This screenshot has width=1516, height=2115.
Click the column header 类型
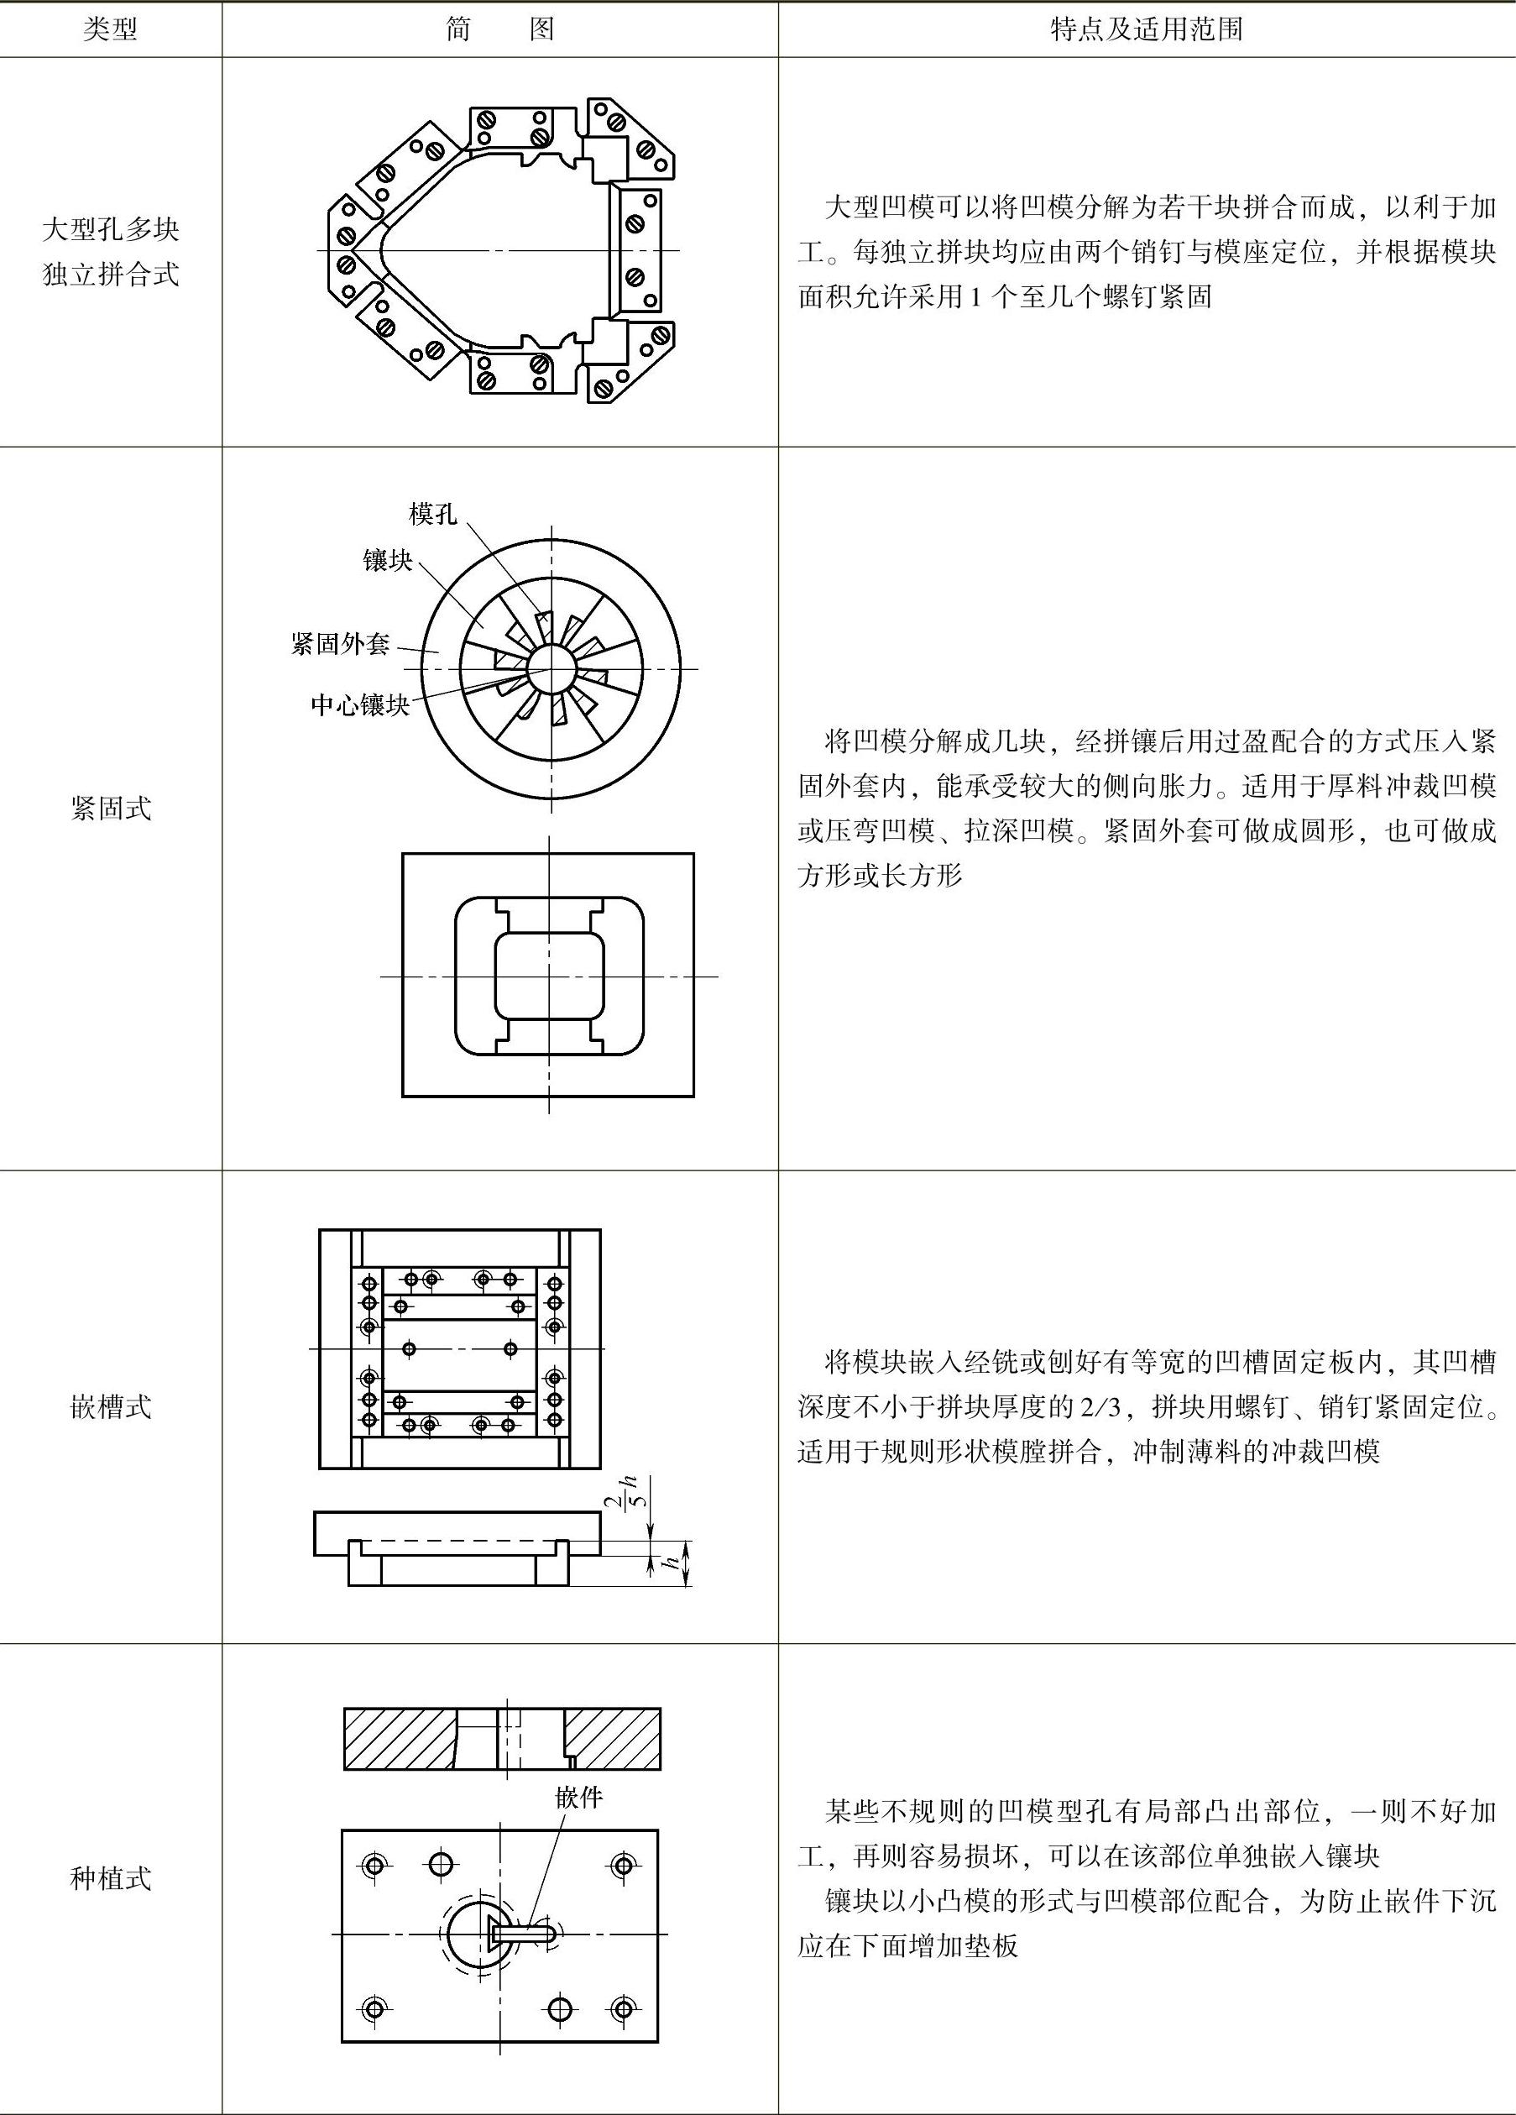tap(110, 30)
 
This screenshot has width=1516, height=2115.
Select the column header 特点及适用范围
tap(1146, 30)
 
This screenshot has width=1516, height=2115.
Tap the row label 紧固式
tap(110, 809)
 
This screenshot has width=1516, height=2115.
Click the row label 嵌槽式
tap(110, 1407)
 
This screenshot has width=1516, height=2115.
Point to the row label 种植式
tap(110, 1878)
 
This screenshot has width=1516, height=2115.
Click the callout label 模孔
tap(432, 514)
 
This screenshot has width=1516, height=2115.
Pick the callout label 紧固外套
tap(339, 643)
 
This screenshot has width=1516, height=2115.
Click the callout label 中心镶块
tap(360, 705)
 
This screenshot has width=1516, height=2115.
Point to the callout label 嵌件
tap(578, 1798)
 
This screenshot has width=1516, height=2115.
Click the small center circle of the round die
tap(550, 668)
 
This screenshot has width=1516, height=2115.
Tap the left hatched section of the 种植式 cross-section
tap(399, 1739)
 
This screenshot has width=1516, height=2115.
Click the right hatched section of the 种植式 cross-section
tap(614, 1739)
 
